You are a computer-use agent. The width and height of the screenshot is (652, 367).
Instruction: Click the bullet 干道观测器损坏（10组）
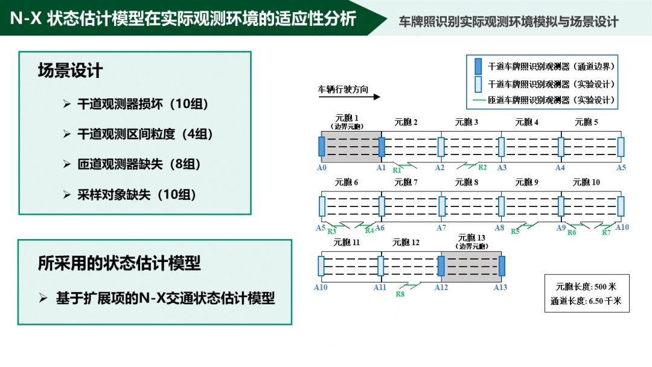click(143, 104)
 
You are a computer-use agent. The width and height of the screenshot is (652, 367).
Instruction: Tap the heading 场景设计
click(71, 71)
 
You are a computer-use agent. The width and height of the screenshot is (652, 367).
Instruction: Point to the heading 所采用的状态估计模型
click(119, 263)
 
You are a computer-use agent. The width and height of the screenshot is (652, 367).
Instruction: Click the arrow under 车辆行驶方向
click(349, 97)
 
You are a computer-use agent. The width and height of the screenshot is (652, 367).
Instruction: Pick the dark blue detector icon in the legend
click(478, 66)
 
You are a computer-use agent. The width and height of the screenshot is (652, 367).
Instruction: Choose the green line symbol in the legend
click(478, 100)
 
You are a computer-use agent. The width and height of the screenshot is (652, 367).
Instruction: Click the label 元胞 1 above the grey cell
click(347, 118)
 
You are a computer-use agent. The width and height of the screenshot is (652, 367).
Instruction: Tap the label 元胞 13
click(472, 238)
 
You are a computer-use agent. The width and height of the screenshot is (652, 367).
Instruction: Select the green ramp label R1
click(397, 171)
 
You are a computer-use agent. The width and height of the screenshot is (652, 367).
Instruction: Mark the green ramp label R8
click(400, 295)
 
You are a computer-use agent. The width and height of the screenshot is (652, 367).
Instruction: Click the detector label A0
click(321, 168)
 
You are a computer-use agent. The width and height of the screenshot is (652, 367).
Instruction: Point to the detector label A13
click(500, 288)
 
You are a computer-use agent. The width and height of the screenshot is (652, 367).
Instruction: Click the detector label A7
click(441, 228)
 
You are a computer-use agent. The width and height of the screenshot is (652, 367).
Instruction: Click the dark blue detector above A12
click(441, 266)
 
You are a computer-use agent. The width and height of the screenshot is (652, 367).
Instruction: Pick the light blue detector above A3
click(501, 147)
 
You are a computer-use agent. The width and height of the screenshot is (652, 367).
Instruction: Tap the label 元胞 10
click(586, 182)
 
